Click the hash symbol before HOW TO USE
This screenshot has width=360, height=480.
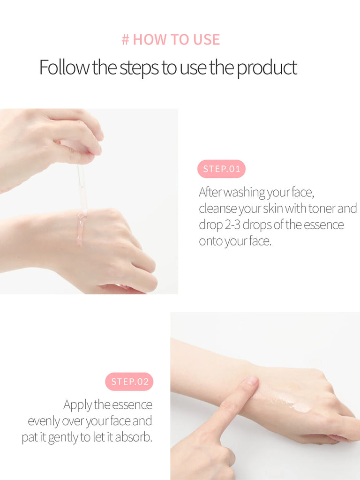[126, 40]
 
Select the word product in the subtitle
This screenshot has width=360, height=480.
[267, 68]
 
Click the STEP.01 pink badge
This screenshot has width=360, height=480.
[221, 169]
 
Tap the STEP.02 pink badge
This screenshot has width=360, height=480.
[129, 382]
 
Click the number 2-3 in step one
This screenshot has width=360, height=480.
[233, 225]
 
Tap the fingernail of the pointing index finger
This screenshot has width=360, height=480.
[253, 381]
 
